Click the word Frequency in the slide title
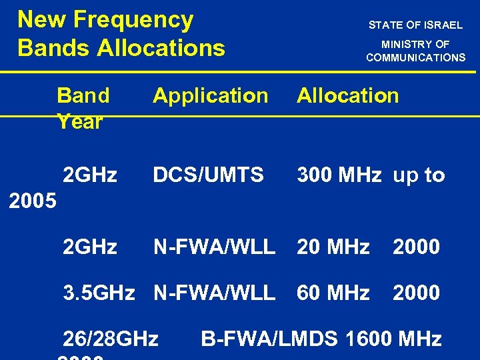[133, 20]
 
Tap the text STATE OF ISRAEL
[415, 25]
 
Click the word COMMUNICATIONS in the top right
[415, 57]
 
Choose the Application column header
[210, 95]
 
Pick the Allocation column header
[347, 95]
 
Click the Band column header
[83, 95]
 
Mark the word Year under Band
[80, 121]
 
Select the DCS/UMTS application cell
[208, 175]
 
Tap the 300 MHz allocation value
[339, 175]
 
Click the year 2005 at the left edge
[33, 201]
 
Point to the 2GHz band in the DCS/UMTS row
[89, 175]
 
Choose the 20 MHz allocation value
[333, 247]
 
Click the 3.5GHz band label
[98, 293]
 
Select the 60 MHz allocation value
[333, 293]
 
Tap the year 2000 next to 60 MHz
[416, 293]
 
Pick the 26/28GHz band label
[110, 339]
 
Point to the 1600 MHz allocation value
[393, 339]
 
